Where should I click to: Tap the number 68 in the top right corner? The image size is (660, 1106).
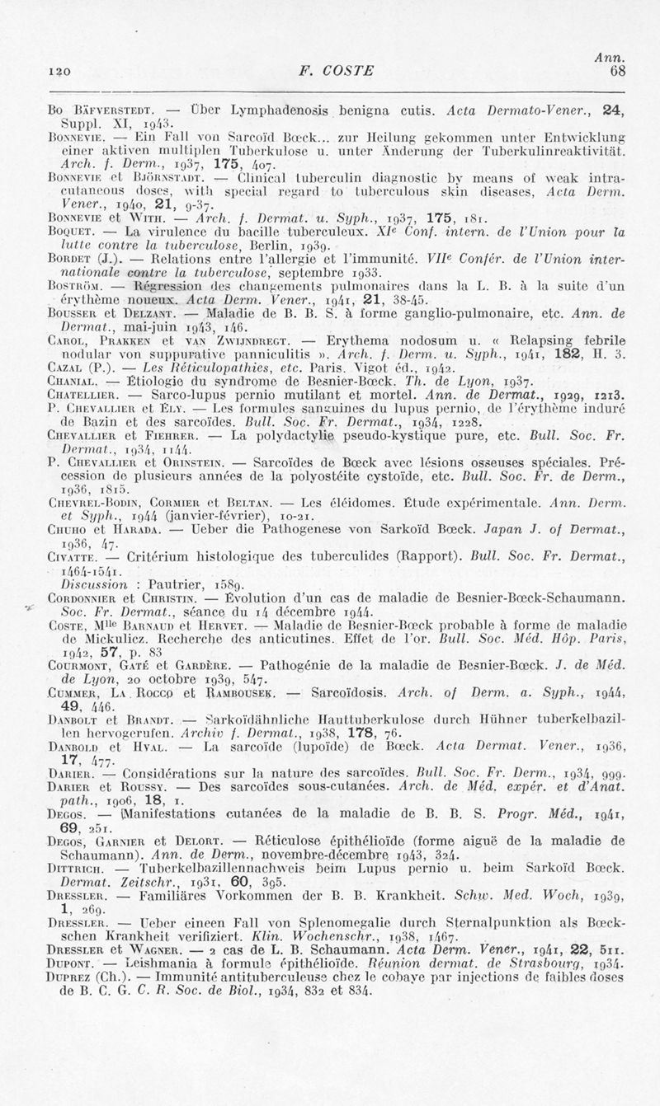point(618,71)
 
